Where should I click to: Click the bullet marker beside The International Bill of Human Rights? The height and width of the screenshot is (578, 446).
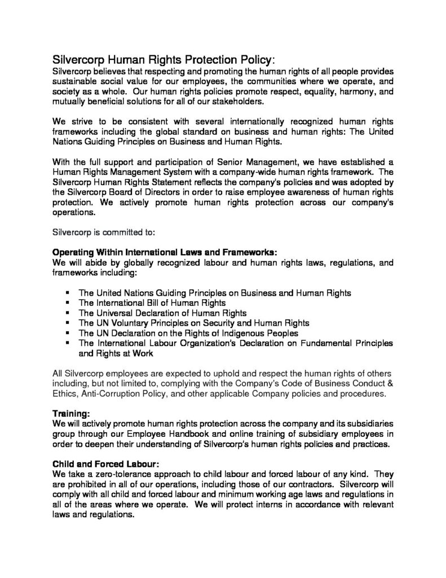(x=67, y=303)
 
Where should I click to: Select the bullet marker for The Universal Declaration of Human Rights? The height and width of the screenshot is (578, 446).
(x=67, y=313)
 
